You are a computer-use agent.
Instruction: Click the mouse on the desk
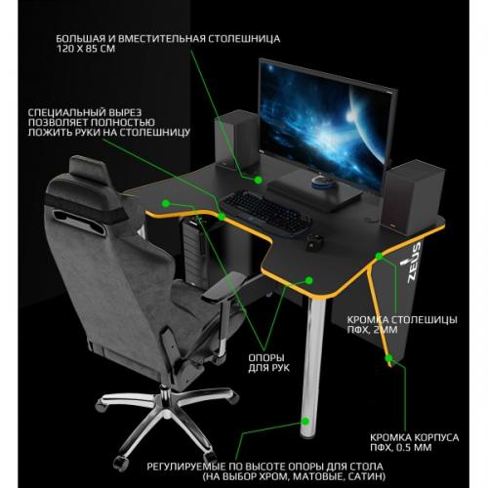(314, 243)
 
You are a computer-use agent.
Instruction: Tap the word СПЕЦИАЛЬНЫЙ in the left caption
(69, 112)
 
